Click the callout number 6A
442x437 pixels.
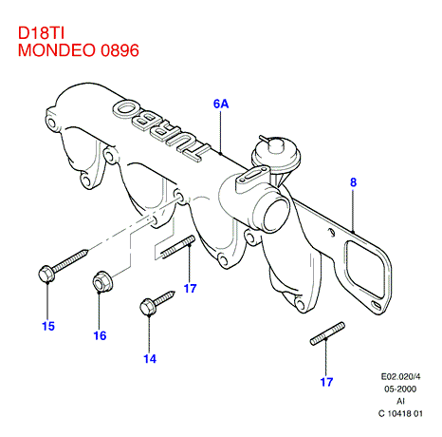[x=221, y=104]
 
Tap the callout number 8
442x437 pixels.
[x=353, y=182]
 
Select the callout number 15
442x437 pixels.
[x=48, y=326]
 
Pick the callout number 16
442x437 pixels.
[x=100, y=335]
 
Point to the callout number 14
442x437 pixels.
[x=150, y=359]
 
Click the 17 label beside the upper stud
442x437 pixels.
[x=190, y=289]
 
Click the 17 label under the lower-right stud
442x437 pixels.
[x=326, y=382]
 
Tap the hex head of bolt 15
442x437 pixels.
[x=46, y=274]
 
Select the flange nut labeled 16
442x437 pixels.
[x=101, y=281]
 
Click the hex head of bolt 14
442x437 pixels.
[x=147, y=307]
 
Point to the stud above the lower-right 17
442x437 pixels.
[x=327, y=333]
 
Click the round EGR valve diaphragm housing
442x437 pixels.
[x=276, y=153]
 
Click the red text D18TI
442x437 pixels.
[x=41, y=33]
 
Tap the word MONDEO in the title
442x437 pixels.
[x=57, y=50]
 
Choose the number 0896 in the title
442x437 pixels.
[x=120, y=50]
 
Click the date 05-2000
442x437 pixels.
[x=400, y=389]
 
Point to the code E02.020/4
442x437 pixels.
[x=400, y=376]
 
